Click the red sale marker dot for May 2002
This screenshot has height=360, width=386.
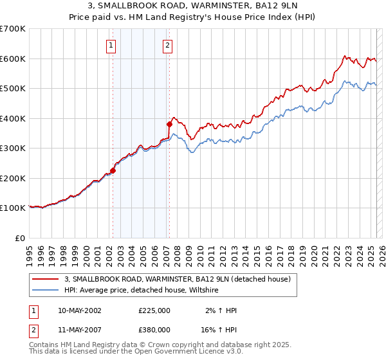tap(113, 171)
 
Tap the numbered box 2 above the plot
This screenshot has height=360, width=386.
tap(167, 45)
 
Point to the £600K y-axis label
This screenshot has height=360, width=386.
tap(13, 59)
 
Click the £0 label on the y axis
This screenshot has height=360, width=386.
tap(21, 238)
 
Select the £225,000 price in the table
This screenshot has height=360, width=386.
tap(154, 310)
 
